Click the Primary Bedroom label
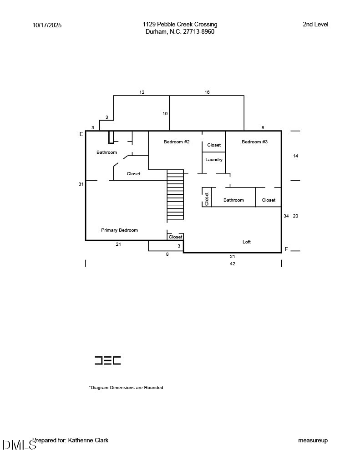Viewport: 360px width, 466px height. coord(119,230)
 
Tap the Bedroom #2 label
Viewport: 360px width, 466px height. coord(177,142)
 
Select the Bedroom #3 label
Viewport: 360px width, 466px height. coord(254,142)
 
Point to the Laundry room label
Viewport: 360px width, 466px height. coord(214,160)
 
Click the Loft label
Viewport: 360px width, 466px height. coord(247,242)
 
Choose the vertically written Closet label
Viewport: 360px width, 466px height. coord(207,199)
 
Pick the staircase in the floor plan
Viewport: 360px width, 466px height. coord(175,195)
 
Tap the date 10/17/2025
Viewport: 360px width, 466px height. coord(47,25)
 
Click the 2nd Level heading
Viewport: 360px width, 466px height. coord(315,25)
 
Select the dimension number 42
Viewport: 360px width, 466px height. coord(233,264)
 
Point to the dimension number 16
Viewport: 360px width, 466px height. coord(207,92)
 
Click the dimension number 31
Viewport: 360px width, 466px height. coord(81,184)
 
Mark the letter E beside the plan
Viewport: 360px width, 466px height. coord(81,134)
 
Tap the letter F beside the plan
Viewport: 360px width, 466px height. coord(286,249)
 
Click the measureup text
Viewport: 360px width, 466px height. coord(313,441)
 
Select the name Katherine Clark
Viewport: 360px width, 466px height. coord(88,441)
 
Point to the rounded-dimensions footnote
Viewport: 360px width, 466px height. coord(126,388)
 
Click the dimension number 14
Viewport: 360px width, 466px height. coord(295,156)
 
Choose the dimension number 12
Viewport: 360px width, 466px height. coord(142,92)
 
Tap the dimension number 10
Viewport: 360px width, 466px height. coord(165,114)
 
